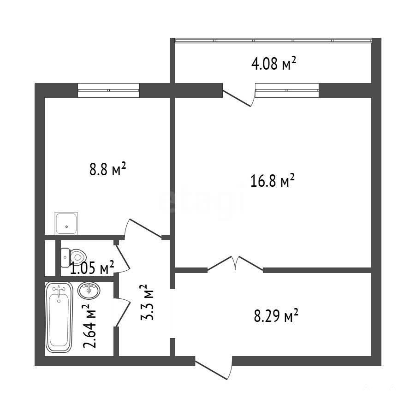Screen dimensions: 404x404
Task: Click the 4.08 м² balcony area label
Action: pyautogui.click(x=273, y=64)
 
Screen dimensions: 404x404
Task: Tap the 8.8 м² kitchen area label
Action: pyautogui.click(x=108, y=169)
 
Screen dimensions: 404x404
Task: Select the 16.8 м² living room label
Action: pyautogui.click(x=273, y=180)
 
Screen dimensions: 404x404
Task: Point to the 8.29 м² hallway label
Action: pyautogui.click(x=276, y=315)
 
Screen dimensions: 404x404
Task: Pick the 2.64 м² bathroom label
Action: pyautogui.click(x=89, y=326)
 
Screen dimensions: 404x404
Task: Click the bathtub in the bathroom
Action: pyautogui.click(x=59, y=317)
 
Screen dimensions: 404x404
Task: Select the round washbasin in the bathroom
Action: pyautogui.click(x=89, y=291)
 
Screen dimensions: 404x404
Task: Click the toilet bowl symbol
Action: pyautogui.click(x=73, y=257)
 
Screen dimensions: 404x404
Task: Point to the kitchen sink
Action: pyautogui.click(x=66, y=223)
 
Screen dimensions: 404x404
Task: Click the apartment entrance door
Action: pyautogui.click(x=214, y=368)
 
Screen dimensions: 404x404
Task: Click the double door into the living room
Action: pyautogui.click(x=235, y=263)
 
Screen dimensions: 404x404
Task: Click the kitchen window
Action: pyautogui.click(x=108, y=90)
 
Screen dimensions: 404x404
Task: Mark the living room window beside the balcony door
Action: pyautogui.click(x=287, y=90)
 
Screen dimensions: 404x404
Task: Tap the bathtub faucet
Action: pyautogui.click(x=59, y=290)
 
